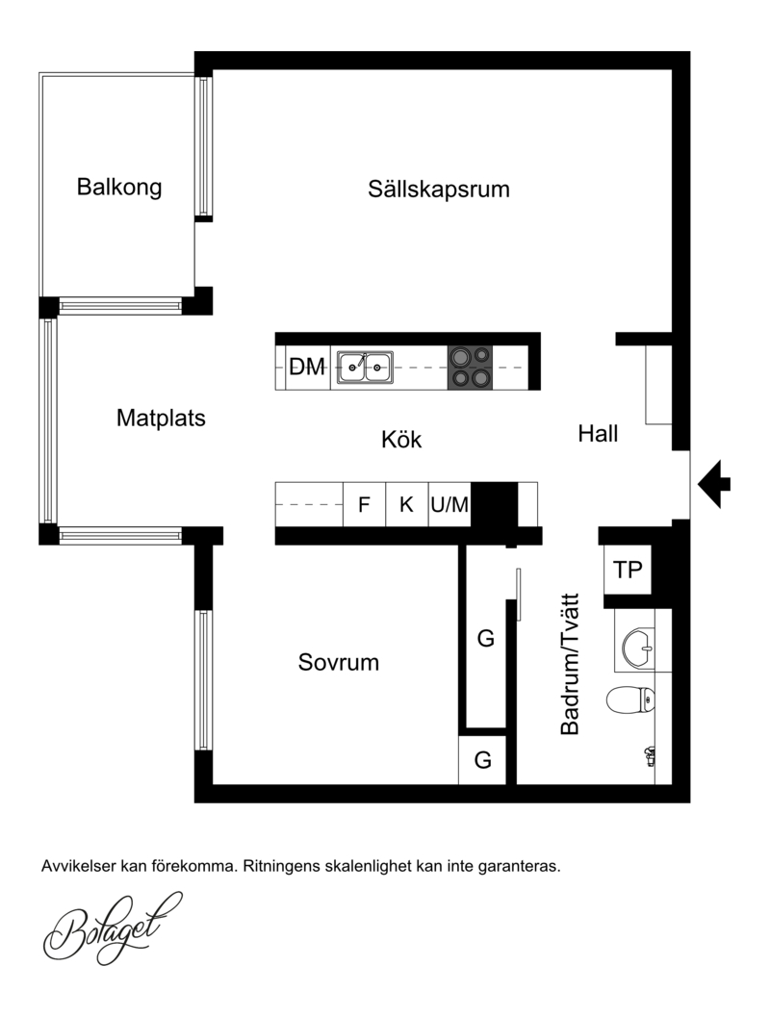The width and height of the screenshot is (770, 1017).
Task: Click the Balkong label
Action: [119, 188]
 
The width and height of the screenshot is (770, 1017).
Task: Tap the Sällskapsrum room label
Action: [439, 190]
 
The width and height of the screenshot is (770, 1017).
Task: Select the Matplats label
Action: [161, 419]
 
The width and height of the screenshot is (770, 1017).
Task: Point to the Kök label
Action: [401, 439]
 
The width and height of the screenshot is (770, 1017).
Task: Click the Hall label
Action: [598, 433]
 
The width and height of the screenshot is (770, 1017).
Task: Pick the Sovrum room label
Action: [339, 662]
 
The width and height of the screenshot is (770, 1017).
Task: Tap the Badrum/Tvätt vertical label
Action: [570, 664]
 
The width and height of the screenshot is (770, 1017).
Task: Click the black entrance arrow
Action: [714, 484]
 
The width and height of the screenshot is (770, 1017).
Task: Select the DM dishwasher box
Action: [307, 368]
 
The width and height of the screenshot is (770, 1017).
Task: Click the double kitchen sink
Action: [365, 367]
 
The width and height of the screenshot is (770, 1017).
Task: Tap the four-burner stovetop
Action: [471, 368]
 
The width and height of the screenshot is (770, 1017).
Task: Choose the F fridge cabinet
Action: [364, 504]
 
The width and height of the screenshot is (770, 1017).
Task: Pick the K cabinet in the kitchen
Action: [407, 504]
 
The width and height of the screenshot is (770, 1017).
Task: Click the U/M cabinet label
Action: [449, 504]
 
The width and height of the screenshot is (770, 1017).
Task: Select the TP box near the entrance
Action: [628, 570]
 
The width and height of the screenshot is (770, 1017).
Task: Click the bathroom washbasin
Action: [638, 648]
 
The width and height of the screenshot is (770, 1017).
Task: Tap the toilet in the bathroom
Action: [630, 699]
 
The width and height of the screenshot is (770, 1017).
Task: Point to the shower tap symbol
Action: [649, 756]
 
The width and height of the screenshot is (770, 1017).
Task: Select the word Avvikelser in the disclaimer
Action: [79, 866]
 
